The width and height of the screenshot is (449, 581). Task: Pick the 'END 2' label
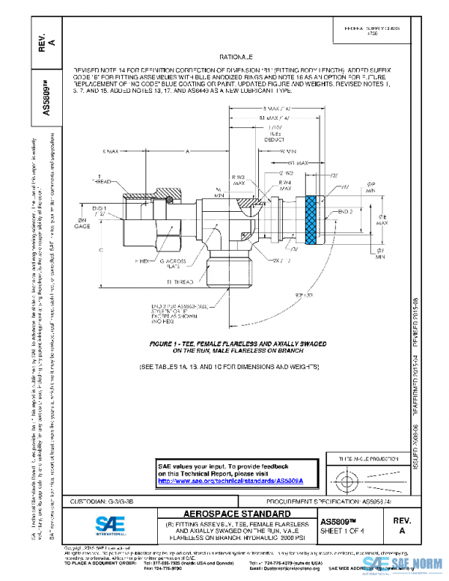(x=345, y=213)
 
